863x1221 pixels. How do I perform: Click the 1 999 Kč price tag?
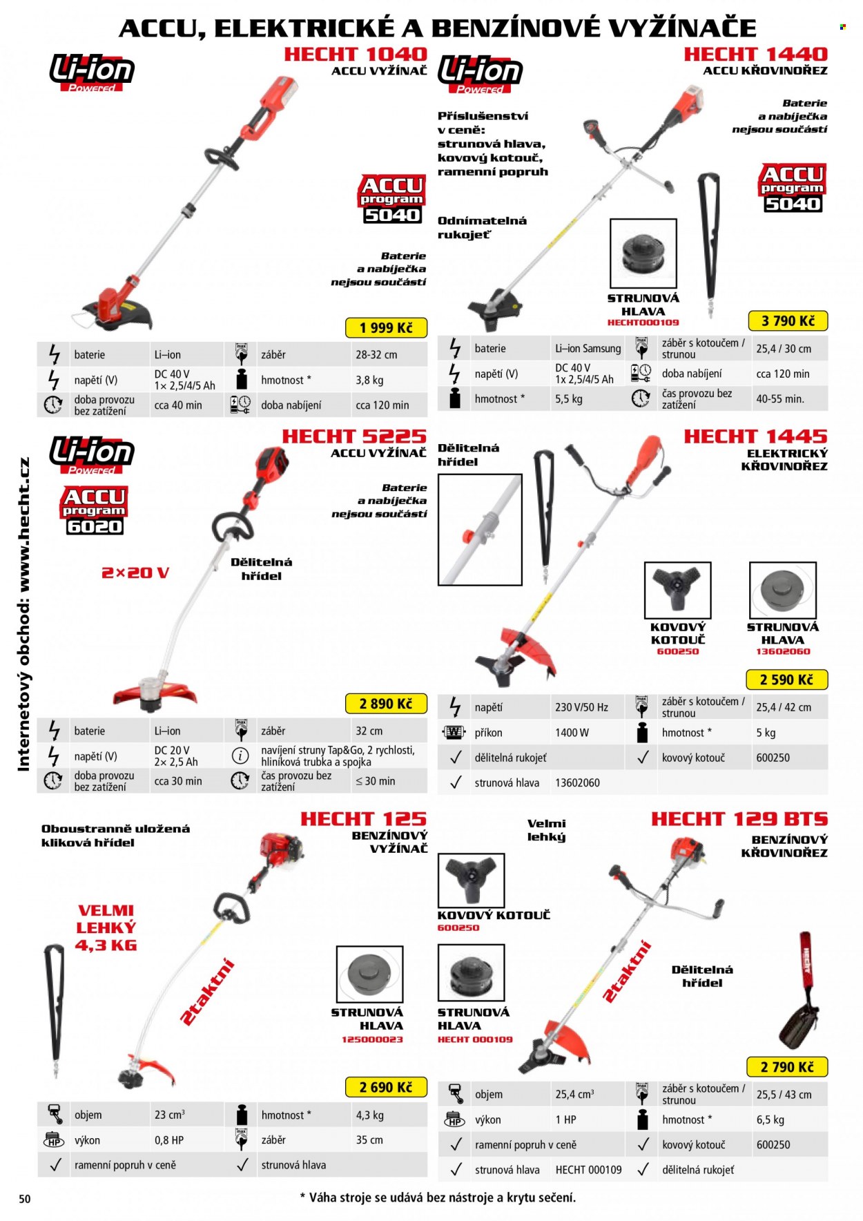point(386,327)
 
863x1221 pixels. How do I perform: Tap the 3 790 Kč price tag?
point(788,320)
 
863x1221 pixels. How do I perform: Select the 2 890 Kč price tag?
point(386,704)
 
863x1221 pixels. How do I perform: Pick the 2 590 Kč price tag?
point(787,680)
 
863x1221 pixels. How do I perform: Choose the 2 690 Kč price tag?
point(386,1087)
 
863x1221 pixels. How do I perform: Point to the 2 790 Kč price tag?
point(787,1067)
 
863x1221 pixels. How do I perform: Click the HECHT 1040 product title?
point(356,54)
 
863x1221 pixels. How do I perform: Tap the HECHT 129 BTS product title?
point(739,819)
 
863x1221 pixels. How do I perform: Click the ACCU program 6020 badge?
point(95,510)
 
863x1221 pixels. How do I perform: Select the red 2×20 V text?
point(135,573)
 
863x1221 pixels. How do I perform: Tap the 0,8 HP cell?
point(169,1140)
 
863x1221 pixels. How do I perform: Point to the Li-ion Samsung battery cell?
point(588,349)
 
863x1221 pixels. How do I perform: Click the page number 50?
point(25,1199)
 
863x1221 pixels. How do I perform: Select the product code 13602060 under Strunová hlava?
point(783,651)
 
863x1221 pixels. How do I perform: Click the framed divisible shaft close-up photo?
point(480,530)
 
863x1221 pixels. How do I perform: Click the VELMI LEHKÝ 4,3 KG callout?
point(106,928)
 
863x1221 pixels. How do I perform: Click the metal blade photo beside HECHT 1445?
point(677,590)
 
